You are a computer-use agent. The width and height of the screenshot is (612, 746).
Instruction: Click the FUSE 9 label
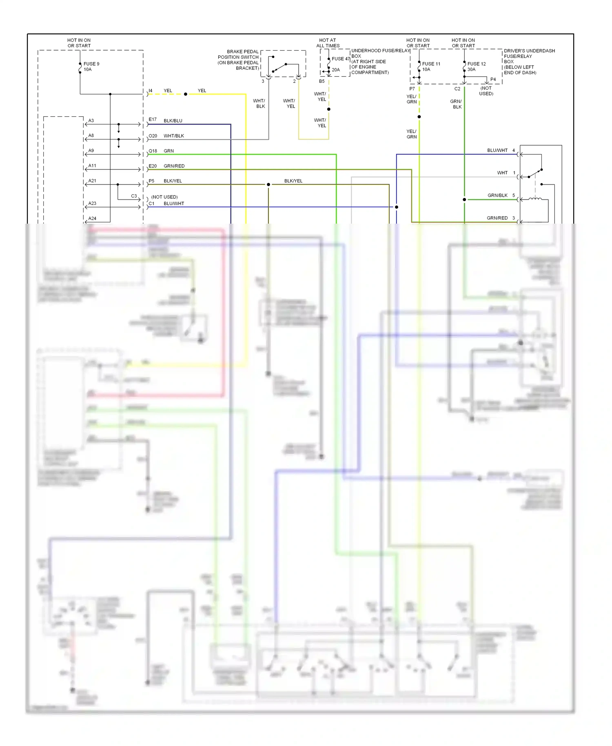point(91,64)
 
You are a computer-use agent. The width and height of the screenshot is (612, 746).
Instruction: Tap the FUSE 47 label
point(340,59)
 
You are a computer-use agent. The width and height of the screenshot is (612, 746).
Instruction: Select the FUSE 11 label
point(431,64)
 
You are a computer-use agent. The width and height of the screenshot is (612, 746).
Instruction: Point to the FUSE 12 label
point(476,64)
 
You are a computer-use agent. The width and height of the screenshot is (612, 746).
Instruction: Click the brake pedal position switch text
point(239,60)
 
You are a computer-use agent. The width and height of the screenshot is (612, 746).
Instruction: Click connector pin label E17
point(153,120)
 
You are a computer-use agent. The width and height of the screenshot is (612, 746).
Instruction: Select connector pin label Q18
point(153,151)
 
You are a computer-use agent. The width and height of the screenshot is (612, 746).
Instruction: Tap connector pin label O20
point(153,136)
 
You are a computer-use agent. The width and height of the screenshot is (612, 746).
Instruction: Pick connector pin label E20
point(153,166)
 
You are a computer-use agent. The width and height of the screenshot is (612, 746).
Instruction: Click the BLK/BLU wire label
point(173,121)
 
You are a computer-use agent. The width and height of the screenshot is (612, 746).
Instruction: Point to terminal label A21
point(92,181)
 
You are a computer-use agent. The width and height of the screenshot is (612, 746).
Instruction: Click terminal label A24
point(92,219)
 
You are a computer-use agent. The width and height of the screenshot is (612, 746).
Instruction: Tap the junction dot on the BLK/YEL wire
point(268,185)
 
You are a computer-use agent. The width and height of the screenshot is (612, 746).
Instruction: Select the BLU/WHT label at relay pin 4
point(497,151)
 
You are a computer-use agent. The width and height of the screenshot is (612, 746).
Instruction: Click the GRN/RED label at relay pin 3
point(497,218)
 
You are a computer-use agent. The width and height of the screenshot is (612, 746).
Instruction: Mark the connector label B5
point(322,81)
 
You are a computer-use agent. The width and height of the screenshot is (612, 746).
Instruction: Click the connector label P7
point(412,89)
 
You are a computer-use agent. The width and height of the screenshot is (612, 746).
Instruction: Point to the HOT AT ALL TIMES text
point(328,43)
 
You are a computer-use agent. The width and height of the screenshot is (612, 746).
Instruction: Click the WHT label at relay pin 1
point(502,173)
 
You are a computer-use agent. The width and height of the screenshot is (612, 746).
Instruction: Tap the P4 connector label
point(493,80)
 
